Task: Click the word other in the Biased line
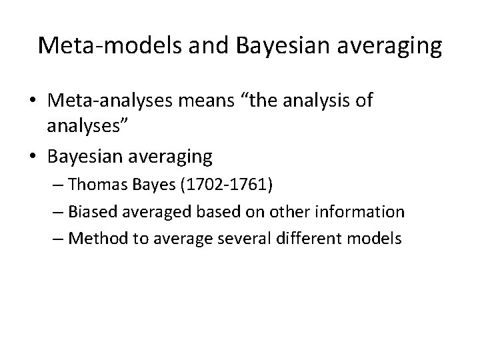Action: point(295,212)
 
